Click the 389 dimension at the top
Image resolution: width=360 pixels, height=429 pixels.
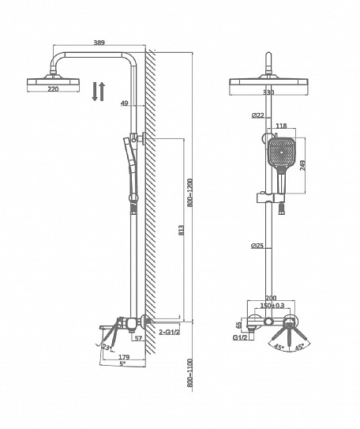pyautogui.click(x=99, y=43)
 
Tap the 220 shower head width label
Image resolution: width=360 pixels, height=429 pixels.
pyautogui.click(x=53, y=89)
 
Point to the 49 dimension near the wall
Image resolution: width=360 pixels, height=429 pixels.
pyautogui.click(x=125, y=103)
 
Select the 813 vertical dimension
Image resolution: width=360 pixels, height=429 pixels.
pyautogui.click(x=181, y=230)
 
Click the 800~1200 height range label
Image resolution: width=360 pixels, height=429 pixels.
pyautogui.click(x=190, y=193)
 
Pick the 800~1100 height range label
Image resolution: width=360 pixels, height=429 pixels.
pyautogui.click(x=190, y=373)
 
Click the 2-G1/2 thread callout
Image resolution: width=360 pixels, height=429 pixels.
pyautogui.click(x=170, y=332)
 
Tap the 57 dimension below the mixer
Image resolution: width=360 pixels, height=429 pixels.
pyautogui.click(x=139, y=338)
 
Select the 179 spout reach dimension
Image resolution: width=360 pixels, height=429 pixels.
pyautogui.click(x=124, y=357)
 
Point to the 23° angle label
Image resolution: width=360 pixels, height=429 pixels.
pyautogui.click(x=107, y=347)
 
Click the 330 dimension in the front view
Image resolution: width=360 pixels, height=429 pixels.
pyautogui.click(x=268, y=92)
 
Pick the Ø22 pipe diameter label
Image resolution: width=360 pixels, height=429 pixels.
pyautogui.click(x=258, y=115)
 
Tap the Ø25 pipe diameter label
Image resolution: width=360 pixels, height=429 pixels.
pyautogui.click(x=257, y=246)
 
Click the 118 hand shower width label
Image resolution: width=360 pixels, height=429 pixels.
pyautogui.click(x=281, y=126)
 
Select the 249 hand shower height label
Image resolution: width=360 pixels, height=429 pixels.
pyautogui.click(x=303, y=166)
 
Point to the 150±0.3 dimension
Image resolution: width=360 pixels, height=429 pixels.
pyautogui.click(x=272, y=305)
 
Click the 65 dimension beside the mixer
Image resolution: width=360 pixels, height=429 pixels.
pyautogui.click(x=239, y=325)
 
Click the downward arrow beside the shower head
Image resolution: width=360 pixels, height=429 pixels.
pyautogui.click(x=95, y=92)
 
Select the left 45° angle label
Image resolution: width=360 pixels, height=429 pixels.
pyautogui.click(x=279, y=348)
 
